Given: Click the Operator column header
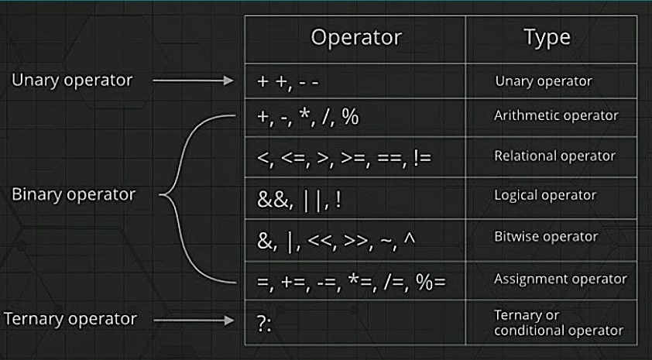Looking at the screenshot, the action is point(356,37).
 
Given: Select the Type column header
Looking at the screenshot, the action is point(547,37).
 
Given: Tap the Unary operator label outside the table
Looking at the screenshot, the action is point(72,81).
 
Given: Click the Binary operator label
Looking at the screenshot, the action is point(74,194).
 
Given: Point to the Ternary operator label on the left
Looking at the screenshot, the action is point(70,319).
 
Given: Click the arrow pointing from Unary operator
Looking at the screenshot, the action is point(194,81).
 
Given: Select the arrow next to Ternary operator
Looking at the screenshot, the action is point(194,320).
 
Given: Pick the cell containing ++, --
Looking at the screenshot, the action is point(355,81).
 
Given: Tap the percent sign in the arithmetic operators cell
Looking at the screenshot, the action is point(350,117).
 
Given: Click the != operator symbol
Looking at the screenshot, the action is point(423,158).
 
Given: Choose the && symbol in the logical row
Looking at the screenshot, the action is point(273,200).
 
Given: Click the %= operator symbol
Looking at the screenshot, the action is point(431,282).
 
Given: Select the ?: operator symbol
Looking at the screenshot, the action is point(264,324).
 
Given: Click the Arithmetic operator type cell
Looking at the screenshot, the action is point(551,118).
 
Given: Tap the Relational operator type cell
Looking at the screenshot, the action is point(551,157).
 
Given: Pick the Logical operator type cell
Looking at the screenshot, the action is point(551,198).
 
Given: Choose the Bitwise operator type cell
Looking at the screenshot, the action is point(551,240).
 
